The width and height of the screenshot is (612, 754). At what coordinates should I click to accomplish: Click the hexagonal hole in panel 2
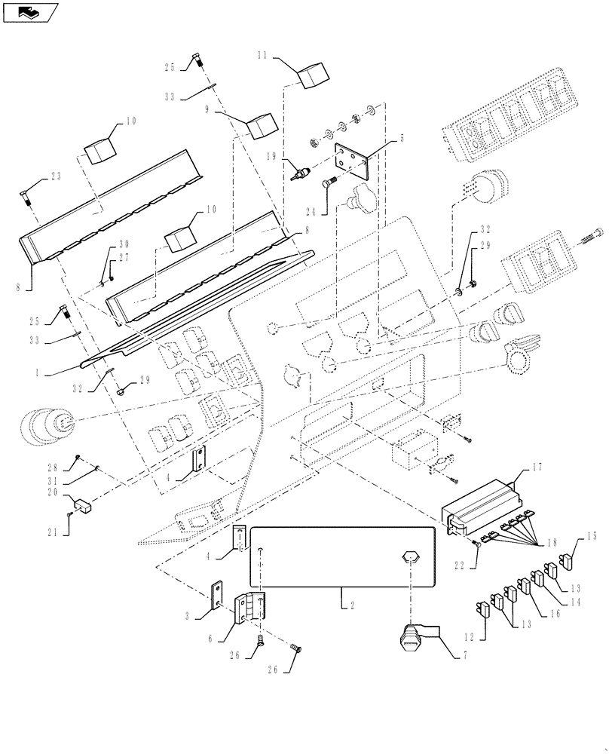point(411,558)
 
